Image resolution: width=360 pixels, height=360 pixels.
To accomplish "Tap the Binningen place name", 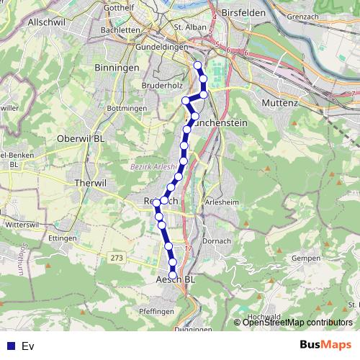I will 116,67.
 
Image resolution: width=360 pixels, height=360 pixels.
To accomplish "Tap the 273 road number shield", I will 117,257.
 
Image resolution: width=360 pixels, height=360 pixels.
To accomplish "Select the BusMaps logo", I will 325,345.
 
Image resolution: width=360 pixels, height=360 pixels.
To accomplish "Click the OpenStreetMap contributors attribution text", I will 297,323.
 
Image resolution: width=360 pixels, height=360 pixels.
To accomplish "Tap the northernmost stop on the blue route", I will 197,66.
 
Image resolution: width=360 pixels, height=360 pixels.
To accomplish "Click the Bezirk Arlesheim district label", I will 153,166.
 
